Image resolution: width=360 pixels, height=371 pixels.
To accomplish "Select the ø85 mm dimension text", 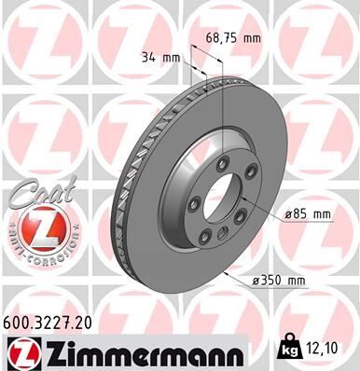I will pos(309,214).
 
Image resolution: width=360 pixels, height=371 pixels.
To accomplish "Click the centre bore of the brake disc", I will pos(221,199).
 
